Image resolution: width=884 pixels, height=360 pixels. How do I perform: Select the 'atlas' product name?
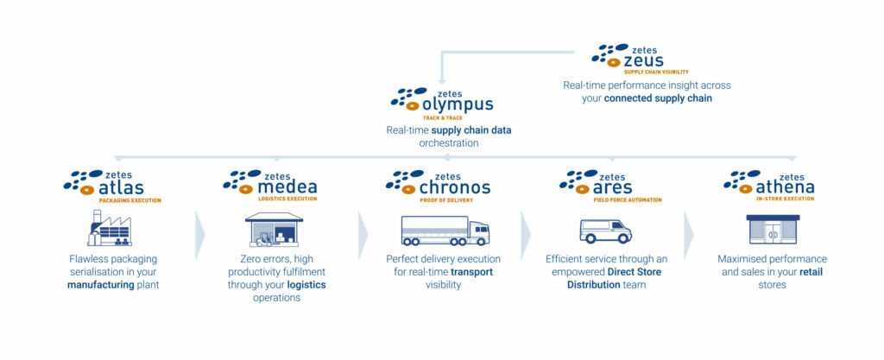pyautogui.click(x=122, y=188)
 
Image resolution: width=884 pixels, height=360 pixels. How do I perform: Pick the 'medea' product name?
pyautogui.click(x=287, y=188)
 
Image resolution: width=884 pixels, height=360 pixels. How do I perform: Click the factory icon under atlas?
pyautogui.click(x=109, y=228)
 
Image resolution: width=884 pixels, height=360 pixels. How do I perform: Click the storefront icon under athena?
pyautogui.click(x=773, y=230)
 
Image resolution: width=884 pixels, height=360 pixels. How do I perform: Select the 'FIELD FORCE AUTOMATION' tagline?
pyautogui.click(x=628, y=200)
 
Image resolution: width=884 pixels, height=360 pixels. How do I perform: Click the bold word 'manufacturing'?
pyautogui.click(x=100, y=284)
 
